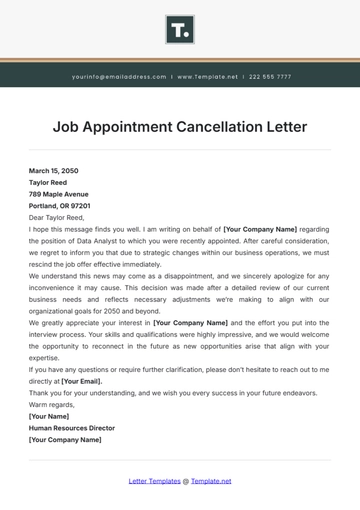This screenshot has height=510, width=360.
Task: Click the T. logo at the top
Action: tap(180, 31)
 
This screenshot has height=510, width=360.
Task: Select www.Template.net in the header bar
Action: tap(209, 76)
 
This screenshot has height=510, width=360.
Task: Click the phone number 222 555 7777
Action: tap(269, 76)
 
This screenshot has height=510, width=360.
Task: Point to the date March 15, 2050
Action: tap(52, 171)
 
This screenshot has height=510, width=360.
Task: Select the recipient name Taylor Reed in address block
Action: tap(48, 183)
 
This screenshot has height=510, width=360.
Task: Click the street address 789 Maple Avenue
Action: tap(58, 194)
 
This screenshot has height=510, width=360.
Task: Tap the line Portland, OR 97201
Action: tap(59, 205)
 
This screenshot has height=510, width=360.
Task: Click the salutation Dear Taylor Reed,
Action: tap(57, 217)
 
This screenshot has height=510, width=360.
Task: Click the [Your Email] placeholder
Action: tap(83, 381)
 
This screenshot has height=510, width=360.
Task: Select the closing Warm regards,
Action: tap(51, 404)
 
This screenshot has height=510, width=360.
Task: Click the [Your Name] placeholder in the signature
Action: tap(48, 416)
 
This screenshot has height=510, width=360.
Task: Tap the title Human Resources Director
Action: tap(72, 428)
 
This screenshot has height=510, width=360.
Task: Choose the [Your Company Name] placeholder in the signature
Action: tap(65, 439)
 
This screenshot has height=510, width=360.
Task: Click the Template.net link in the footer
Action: tap(211, 481)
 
